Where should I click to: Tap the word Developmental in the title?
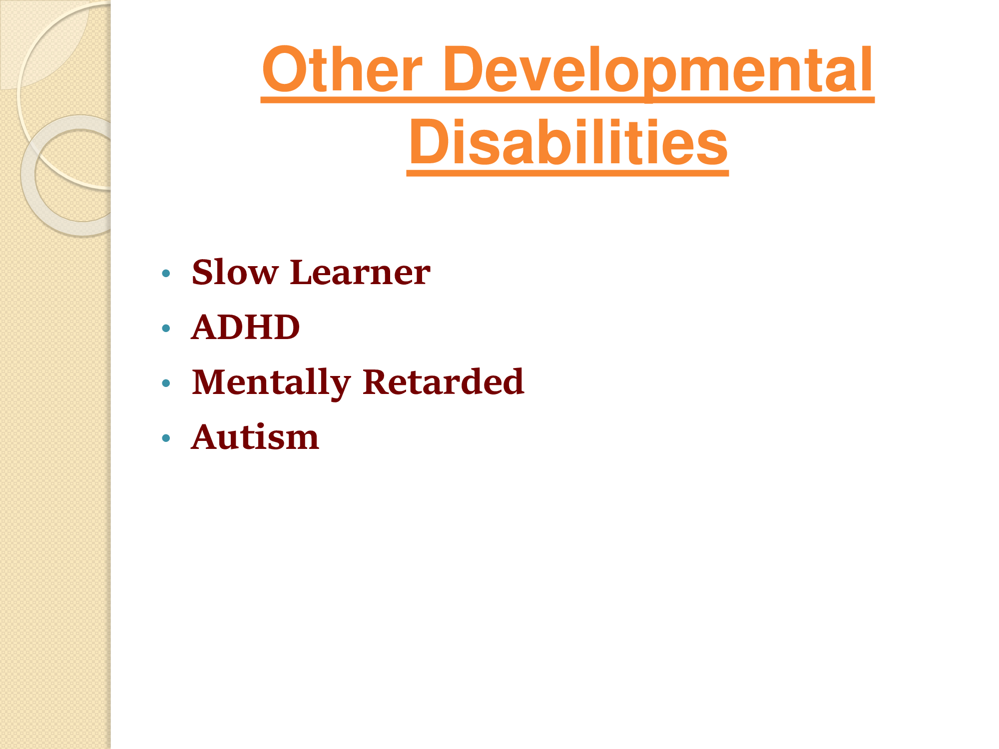coord(658,72)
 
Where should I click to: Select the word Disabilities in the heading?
coord(568,142)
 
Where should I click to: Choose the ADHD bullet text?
coord(246,327)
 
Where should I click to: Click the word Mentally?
coord(272,383)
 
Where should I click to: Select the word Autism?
coord(255,437)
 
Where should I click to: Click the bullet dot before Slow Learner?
coord(166,273)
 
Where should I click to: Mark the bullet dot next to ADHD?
coord(166,328)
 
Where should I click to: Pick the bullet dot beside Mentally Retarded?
coord(166,383)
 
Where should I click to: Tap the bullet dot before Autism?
coord(166,438)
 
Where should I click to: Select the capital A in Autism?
coord(207,437)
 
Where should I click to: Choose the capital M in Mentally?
coord(213,382)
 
